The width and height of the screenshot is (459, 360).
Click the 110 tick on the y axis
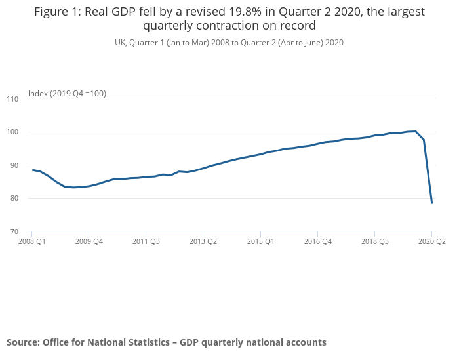tap(12, 99)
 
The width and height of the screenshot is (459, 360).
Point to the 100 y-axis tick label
tap(12, 132)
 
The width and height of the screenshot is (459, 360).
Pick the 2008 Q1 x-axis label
tap(31, 241)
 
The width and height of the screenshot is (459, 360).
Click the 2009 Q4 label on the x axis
tap(89, 241)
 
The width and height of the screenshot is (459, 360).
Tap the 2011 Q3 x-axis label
tap(146, 241)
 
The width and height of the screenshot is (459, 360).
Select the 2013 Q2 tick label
tap(203, 241)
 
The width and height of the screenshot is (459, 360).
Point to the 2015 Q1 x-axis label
tap(260, 241)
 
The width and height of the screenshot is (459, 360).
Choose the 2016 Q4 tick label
tap(317, 241)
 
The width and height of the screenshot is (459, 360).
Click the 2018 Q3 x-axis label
tap(374, 241)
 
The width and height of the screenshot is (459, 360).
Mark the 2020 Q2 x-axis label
tap(431, 241)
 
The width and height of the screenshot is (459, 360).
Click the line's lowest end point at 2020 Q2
tap(432, 203)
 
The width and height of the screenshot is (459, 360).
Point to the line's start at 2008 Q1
tap(32, 170)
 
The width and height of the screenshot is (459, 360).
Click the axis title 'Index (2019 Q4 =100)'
tap(67, 94)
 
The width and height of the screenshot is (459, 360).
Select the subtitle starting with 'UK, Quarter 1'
tap(229, 42)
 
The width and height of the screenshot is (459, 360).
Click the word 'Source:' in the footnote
tap(24, 342)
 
